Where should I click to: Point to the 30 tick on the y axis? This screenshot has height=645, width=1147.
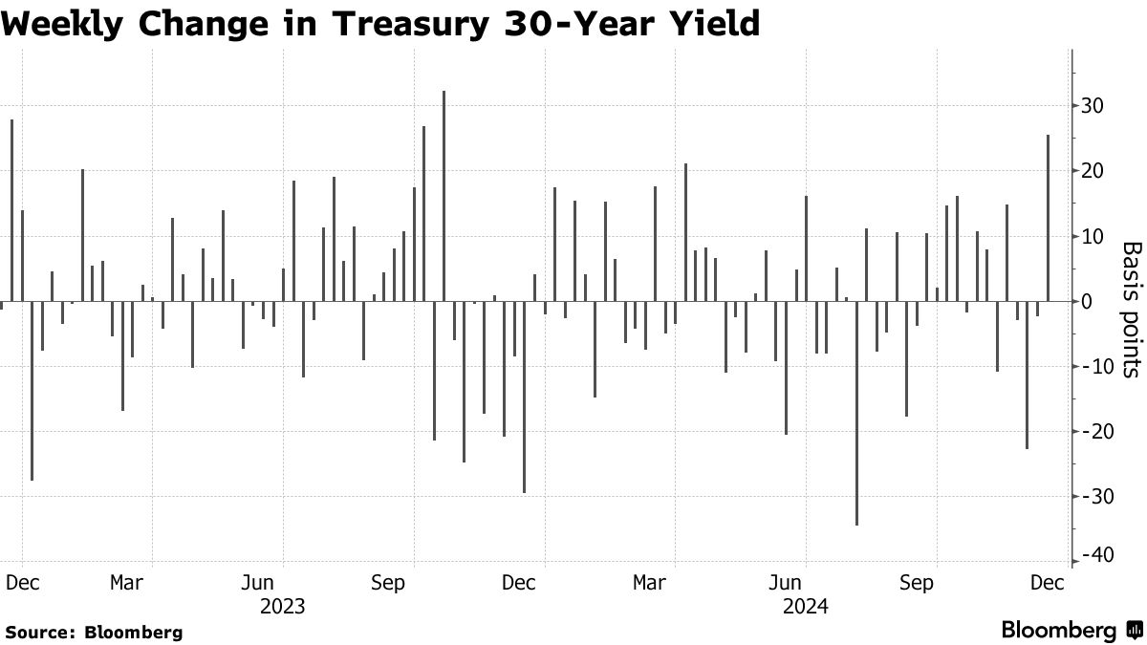pos(1090,105)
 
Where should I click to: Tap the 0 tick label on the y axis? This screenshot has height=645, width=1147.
pos(1086,301)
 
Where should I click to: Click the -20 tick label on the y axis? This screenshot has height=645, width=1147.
pos(1093,431)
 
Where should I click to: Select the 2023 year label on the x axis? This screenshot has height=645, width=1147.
pos(283,606)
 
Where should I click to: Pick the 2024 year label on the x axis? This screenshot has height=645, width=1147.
pos(805,606)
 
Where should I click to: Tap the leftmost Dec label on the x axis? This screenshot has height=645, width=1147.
pos(21,582)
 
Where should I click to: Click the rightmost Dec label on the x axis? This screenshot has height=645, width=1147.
pos(1048,582)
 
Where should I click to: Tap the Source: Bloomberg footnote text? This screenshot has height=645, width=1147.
pos(94,632)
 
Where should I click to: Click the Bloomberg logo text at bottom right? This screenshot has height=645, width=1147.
pos(1058,631)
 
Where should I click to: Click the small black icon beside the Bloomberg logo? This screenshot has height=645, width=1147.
pos(1133,631)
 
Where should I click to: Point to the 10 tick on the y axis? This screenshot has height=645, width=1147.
pos(1090,236)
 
